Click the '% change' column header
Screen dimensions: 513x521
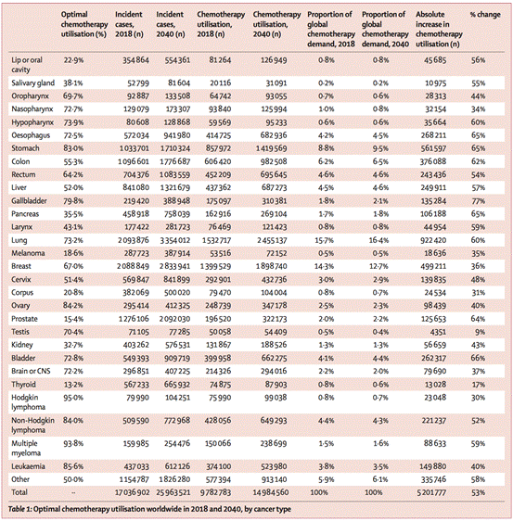click(x=485, y=15)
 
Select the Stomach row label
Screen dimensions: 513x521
click(x=25, y=148)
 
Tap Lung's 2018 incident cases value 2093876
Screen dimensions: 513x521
click(x=133, y=240)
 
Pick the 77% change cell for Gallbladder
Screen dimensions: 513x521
click(x=478, y=201)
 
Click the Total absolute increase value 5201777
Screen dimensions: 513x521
click(x=431, y=492)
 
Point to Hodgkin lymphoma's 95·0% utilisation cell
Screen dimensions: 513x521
click(x=73, y=398)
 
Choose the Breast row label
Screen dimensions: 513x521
click(x=21, y=266)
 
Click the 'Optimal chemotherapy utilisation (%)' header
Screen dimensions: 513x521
click(x=84, y=24)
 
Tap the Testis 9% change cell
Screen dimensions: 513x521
click(x=480, y=332)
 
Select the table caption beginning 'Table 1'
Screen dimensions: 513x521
click(x=149, y=509)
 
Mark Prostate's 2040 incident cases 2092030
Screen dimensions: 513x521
click(x=173, y=319)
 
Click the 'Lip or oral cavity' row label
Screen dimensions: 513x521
click(x=27, y=65)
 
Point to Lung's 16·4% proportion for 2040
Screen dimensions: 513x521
click(x=378, y=240)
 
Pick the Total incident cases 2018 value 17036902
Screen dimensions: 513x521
click(x=133, y=492)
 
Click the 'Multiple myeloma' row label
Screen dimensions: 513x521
click(x=26, y=449)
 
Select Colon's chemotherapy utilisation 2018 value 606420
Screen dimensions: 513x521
click(x=218, y=161)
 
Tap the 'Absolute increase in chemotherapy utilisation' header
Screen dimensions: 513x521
click(x=439, y=30)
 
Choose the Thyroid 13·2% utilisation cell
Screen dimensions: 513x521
click(x=73, y=385)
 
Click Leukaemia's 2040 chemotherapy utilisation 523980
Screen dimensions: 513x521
click(x=274, y=466)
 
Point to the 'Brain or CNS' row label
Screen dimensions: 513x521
click(x=31, y=371)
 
